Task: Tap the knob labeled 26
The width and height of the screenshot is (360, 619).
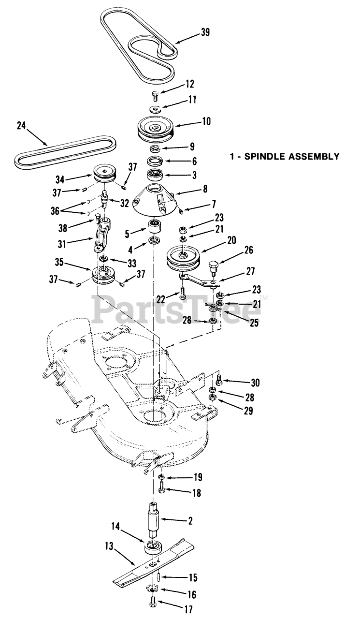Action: (x=213, y=265)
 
